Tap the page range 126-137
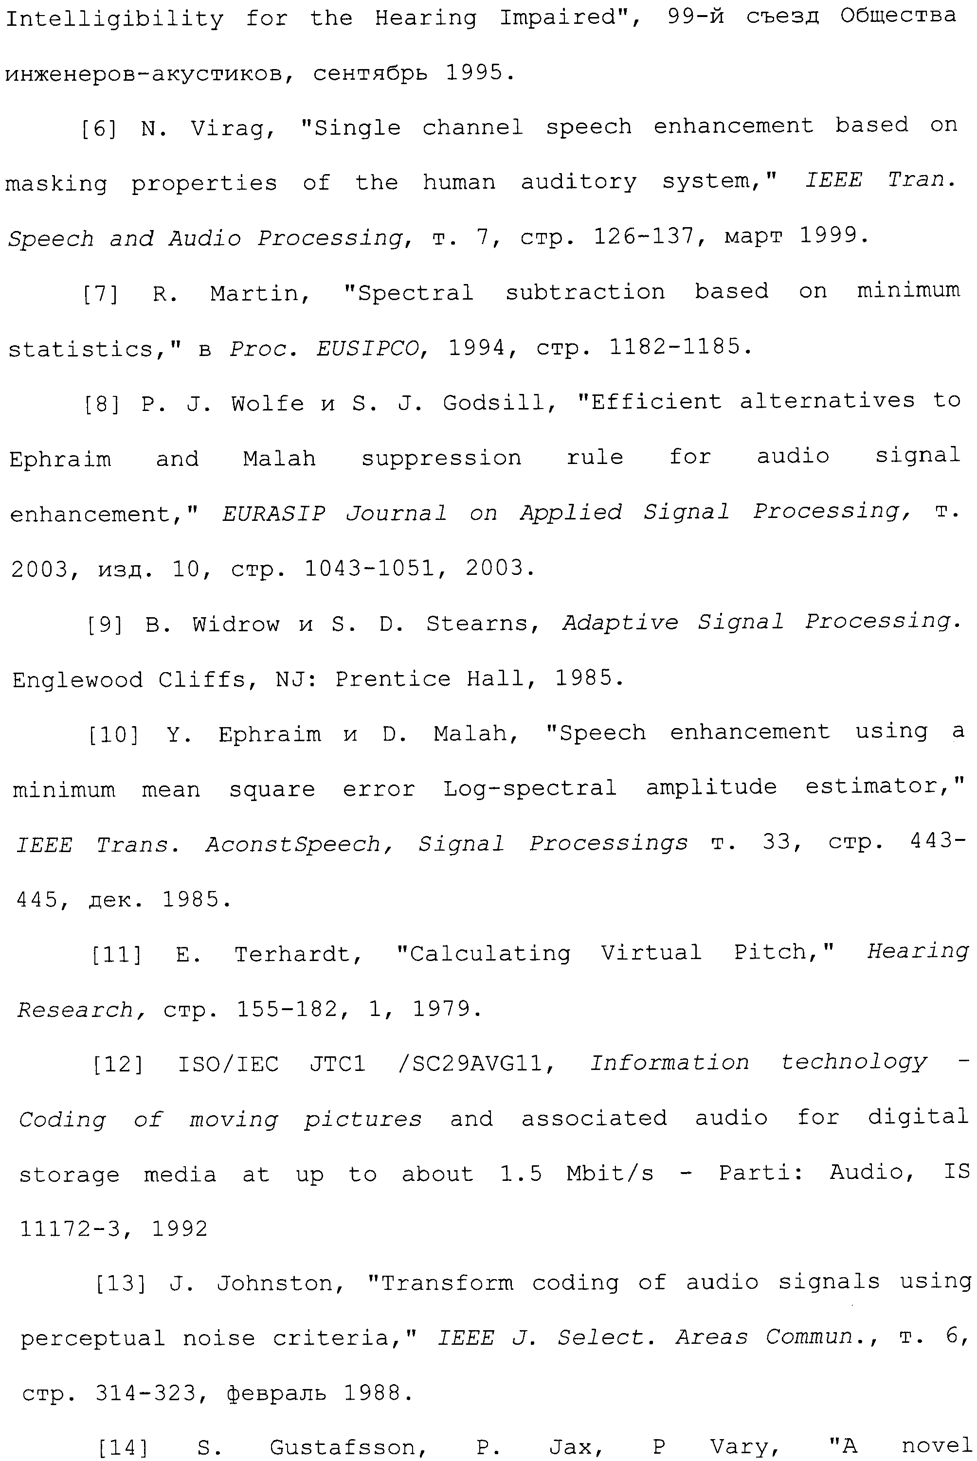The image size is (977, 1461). click(x=644, y=237)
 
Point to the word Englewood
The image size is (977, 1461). click(x=77, y=679)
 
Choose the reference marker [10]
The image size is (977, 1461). click(x=113, y=735)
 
